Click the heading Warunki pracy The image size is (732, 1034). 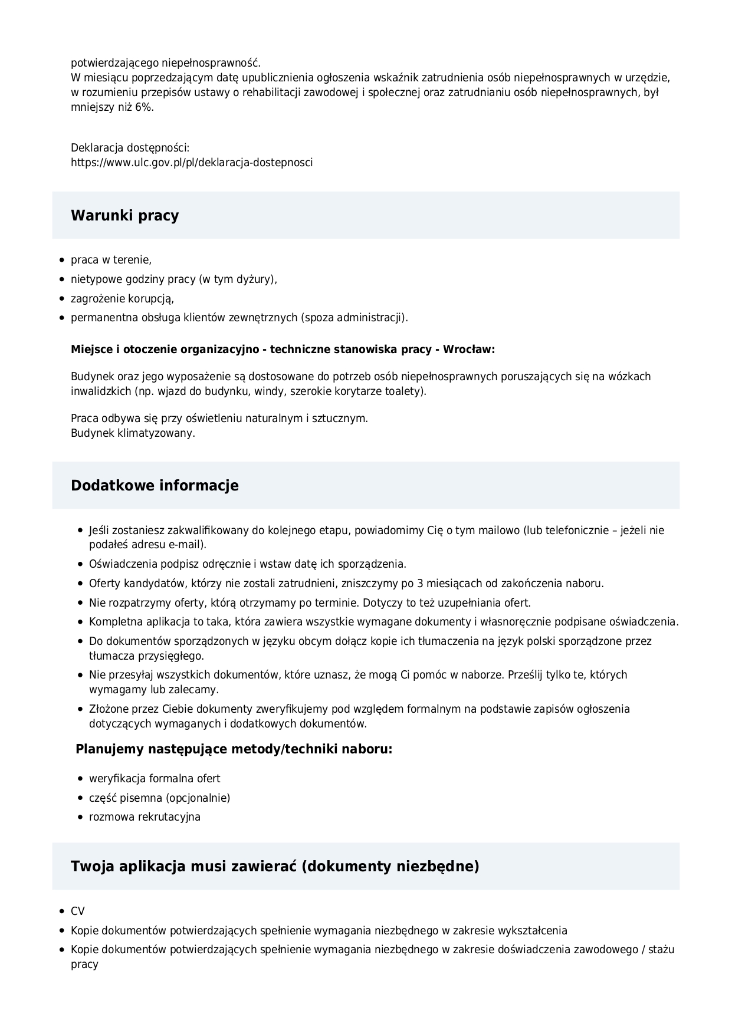[124, 216]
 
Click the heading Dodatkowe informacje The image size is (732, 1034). [155, 486]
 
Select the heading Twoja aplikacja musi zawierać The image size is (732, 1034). [275, 867]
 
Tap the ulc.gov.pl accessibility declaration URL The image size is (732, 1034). [192, 163]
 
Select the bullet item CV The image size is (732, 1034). [78, 911]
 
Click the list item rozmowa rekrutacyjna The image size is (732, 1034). [145, 817]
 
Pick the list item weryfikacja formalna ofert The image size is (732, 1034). [155, 779]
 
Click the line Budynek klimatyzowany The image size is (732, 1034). [133, 433]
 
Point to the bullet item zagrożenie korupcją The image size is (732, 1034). [122, 299]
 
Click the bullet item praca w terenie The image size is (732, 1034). [111, 260]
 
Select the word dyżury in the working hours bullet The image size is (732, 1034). [254, 279]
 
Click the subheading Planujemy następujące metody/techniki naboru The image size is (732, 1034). [234, 750]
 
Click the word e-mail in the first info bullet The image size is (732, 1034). [185, 545]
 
